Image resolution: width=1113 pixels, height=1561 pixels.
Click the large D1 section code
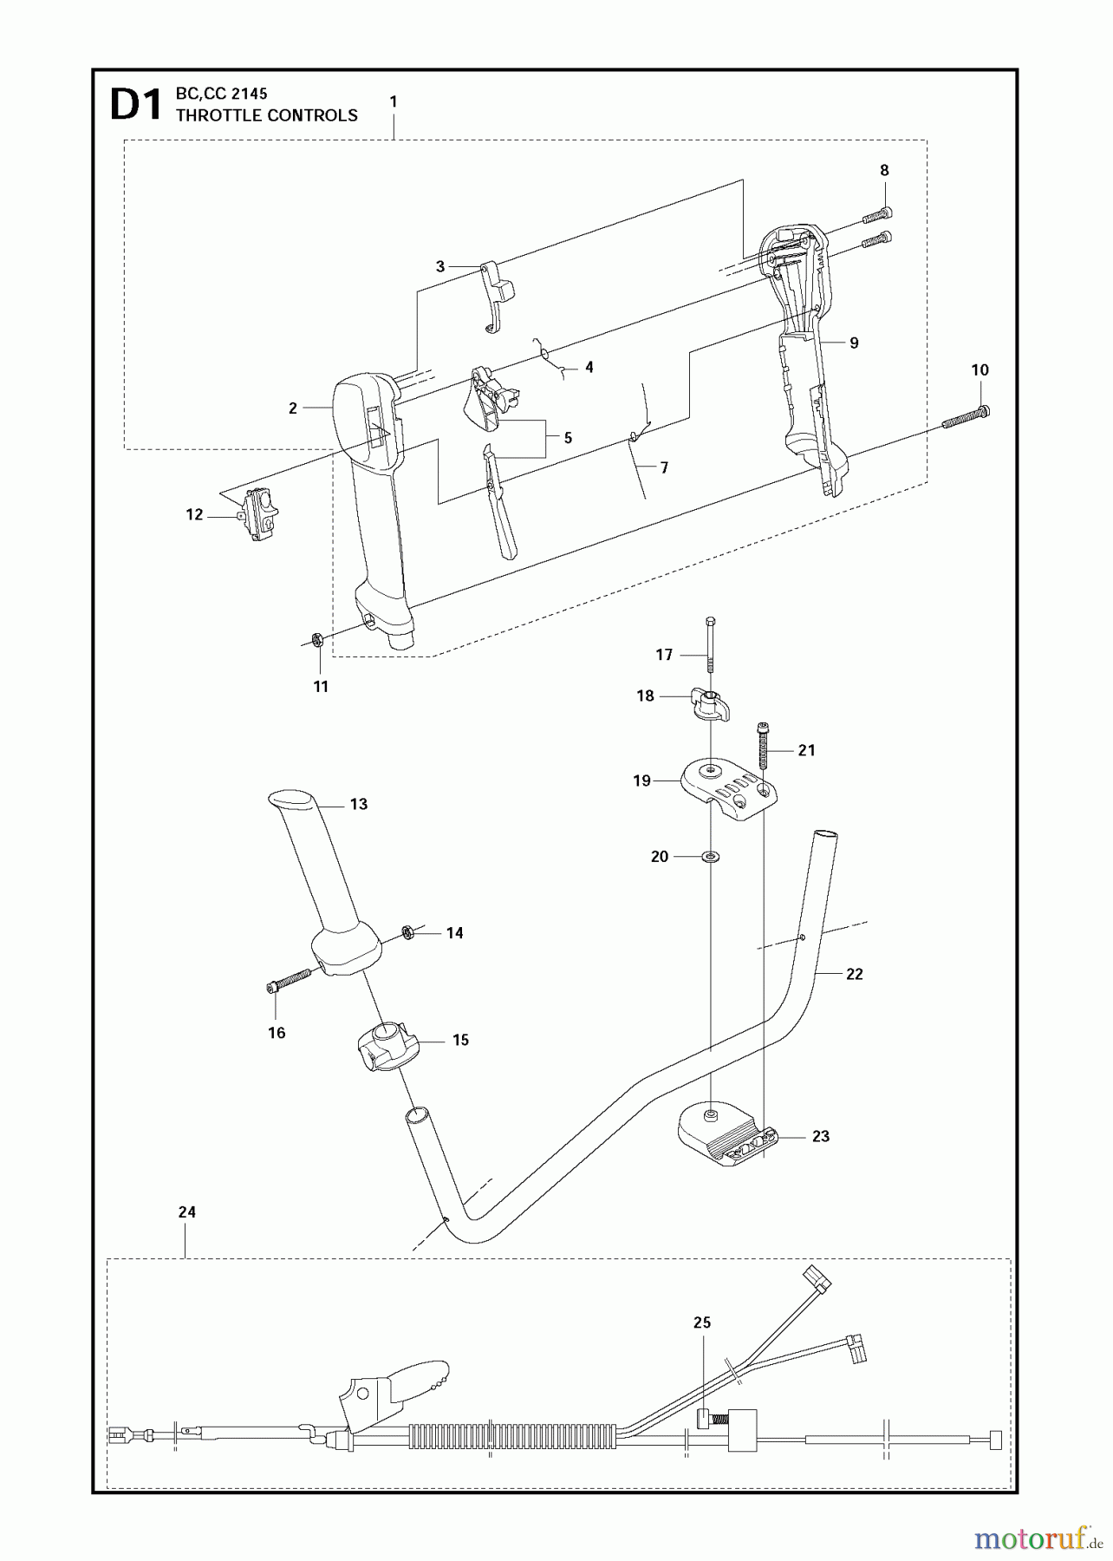136,105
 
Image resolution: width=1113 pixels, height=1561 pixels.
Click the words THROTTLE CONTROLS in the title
266,115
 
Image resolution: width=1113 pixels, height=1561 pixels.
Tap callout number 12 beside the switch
194,514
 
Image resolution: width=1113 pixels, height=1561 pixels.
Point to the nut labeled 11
317,640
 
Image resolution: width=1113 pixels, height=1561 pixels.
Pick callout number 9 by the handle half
854,343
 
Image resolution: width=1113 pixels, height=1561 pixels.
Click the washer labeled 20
711,857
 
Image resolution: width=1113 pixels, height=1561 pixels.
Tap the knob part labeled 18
708,703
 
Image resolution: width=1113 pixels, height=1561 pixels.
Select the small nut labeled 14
406,932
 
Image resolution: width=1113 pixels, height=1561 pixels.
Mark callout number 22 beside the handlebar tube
854,974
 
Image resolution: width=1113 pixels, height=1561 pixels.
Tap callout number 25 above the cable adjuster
701,1323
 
